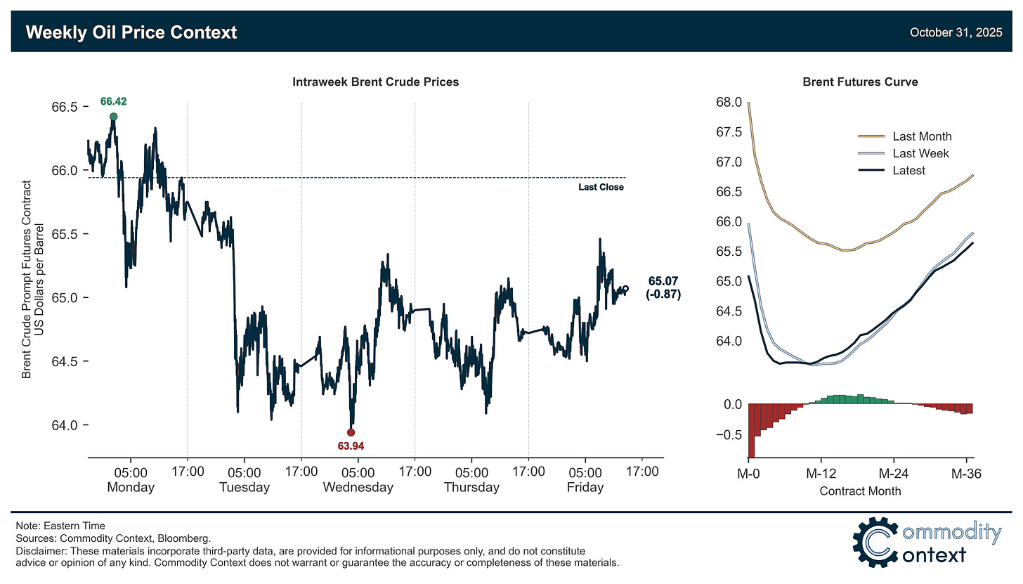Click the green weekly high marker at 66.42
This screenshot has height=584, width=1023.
(113, 117)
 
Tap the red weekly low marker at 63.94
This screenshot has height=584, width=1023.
(351, 432)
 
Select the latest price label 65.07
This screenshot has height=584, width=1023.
(663, 282)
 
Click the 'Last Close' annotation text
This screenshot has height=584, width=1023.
(601, 188)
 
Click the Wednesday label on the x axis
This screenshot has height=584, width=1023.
(358, 487)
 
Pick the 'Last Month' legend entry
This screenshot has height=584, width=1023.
(922, 136)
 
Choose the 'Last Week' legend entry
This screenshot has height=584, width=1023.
(920, 153)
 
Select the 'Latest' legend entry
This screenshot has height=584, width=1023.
(908, 170)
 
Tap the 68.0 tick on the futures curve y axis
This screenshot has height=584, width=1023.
(728, 103)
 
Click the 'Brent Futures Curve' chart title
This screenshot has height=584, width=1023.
(860, 82)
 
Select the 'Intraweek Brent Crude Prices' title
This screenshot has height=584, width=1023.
(375, 82)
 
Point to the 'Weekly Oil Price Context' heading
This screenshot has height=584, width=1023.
(131, 32)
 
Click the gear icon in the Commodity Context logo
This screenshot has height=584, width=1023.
(876, 543)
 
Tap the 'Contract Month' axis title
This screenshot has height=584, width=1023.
(860, 491)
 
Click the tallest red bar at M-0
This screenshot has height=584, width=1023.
(751, 430)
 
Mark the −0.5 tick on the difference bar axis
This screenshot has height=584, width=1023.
(727, 435)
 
